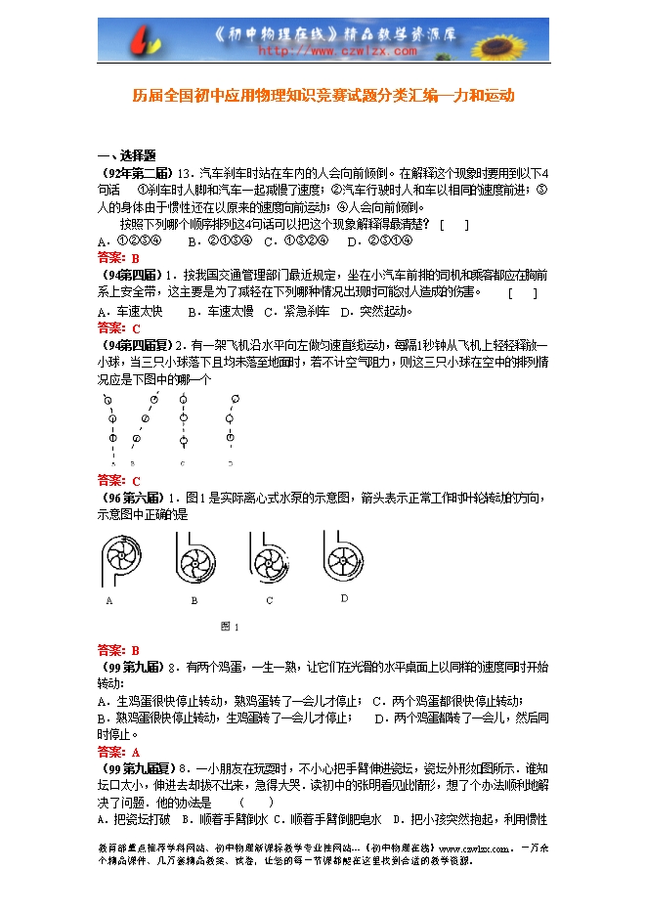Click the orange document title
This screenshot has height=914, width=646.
(x=323, y=97)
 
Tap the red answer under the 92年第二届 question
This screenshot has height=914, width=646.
(x=119, y=258)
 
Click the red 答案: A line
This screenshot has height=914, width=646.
(x=119, y=752)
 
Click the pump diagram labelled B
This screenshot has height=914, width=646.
(x=194, y=564)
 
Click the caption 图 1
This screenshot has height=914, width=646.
(x=230, y=626)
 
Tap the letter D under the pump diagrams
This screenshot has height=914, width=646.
(x=344, y=597)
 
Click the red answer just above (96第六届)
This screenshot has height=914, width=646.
(x=119, y=481)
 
